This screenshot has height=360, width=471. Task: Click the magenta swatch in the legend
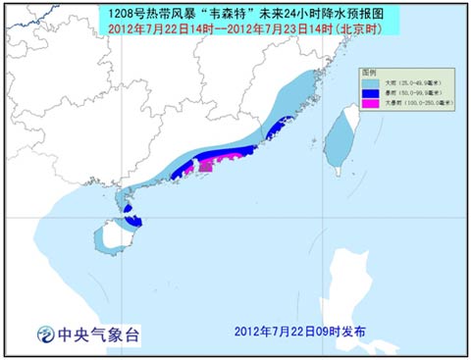click(x=369, y=103)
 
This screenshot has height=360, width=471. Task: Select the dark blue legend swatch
click(x=369, y=92)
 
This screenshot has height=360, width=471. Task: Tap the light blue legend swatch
click(x=369, y=81)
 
